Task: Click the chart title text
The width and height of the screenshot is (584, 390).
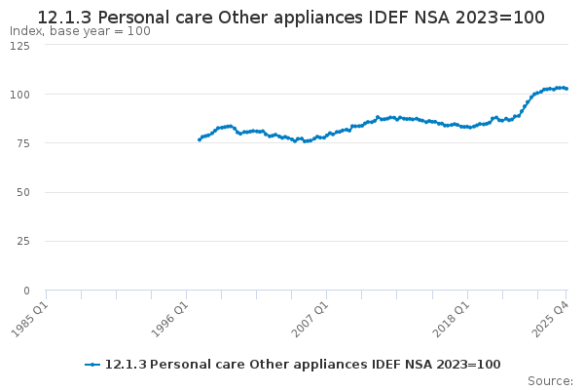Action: [x=291, y=18]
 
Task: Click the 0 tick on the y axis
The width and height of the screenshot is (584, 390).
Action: [x=27, y=291]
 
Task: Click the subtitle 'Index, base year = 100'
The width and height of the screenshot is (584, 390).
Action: [x=80, y=31]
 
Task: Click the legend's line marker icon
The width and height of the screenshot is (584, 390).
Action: [x=92, y=365]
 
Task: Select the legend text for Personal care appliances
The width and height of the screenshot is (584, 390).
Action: [x=302, y=365]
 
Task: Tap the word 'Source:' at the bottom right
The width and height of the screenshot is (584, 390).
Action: [x=550, y=381]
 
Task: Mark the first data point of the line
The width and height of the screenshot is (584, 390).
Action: [x=199, y=139]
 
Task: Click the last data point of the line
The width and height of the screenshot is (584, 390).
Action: [x=566, y=89]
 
